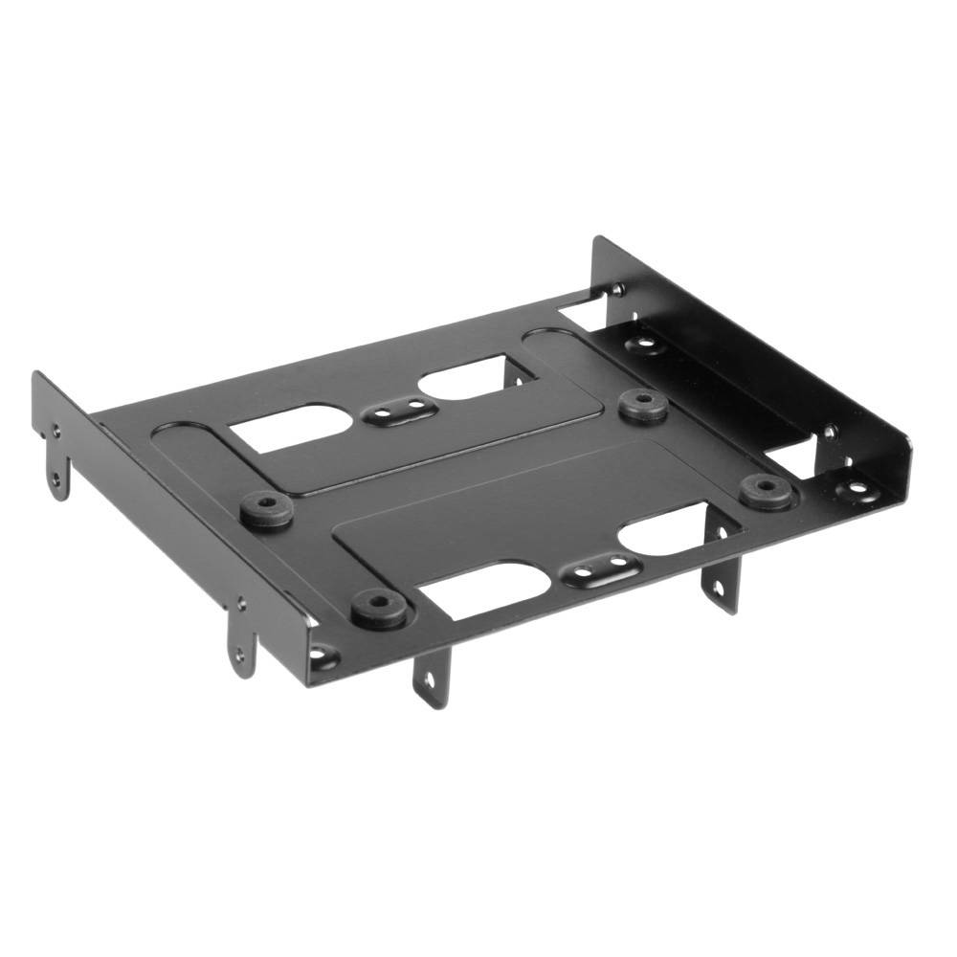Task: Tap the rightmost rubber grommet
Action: [x=766, y=490]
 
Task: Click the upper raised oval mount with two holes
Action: [x=395, y=413]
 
